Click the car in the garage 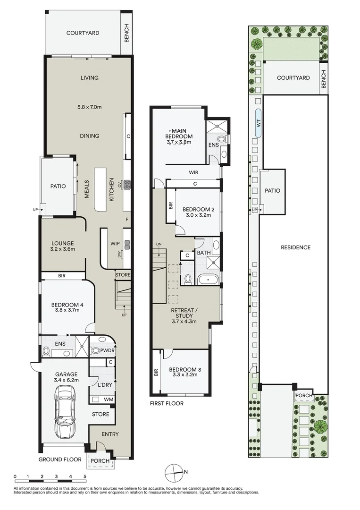click(x=64, y=411)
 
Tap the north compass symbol click(x=174, y=471)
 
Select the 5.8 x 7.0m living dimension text click(x=89, y=107)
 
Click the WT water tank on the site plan click(x=258, y=123)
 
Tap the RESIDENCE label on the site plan click(x=295, y=247)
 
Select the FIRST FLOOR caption click(x=167, y=404)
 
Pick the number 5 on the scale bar click(x=84, y=476)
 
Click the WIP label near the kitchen click(x=115, y=244)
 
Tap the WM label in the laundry click(x=109, y=399)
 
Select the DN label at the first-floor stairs click(x=159, y=244)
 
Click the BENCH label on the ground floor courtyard click(x=126, y=33)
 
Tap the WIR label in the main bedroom click(x=193, y=172)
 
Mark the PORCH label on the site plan click(x=302, y=395)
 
